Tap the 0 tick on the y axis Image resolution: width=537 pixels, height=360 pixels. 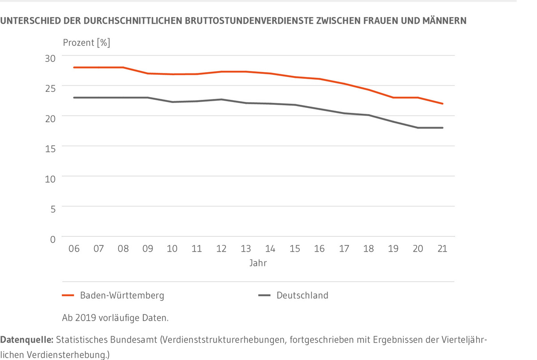52,240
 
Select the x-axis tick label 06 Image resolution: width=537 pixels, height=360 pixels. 74,249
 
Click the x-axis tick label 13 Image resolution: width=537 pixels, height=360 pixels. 246,249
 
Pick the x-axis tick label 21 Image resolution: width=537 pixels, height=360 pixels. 442,249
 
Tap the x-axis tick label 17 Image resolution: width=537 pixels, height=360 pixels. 344,249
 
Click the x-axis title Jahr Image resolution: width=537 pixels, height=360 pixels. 258,263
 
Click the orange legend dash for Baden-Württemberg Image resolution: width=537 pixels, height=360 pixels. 68,296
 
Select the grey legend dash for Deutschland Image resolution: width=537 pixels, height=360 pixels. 264,296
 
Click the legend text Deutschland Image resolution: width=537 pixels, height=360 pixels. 302,296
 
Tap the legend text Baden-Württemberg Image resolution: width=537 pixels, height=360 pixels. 122,296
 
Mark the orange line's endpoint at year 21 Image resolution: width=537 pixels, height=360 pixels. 443,103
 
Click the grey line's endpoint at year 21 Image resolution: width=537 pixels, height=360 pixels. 443,128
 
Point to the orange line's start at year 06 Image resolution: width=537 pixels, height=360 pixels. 74,67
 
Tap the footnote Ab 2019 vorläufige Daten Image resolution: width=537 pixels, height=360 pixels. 115,318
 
